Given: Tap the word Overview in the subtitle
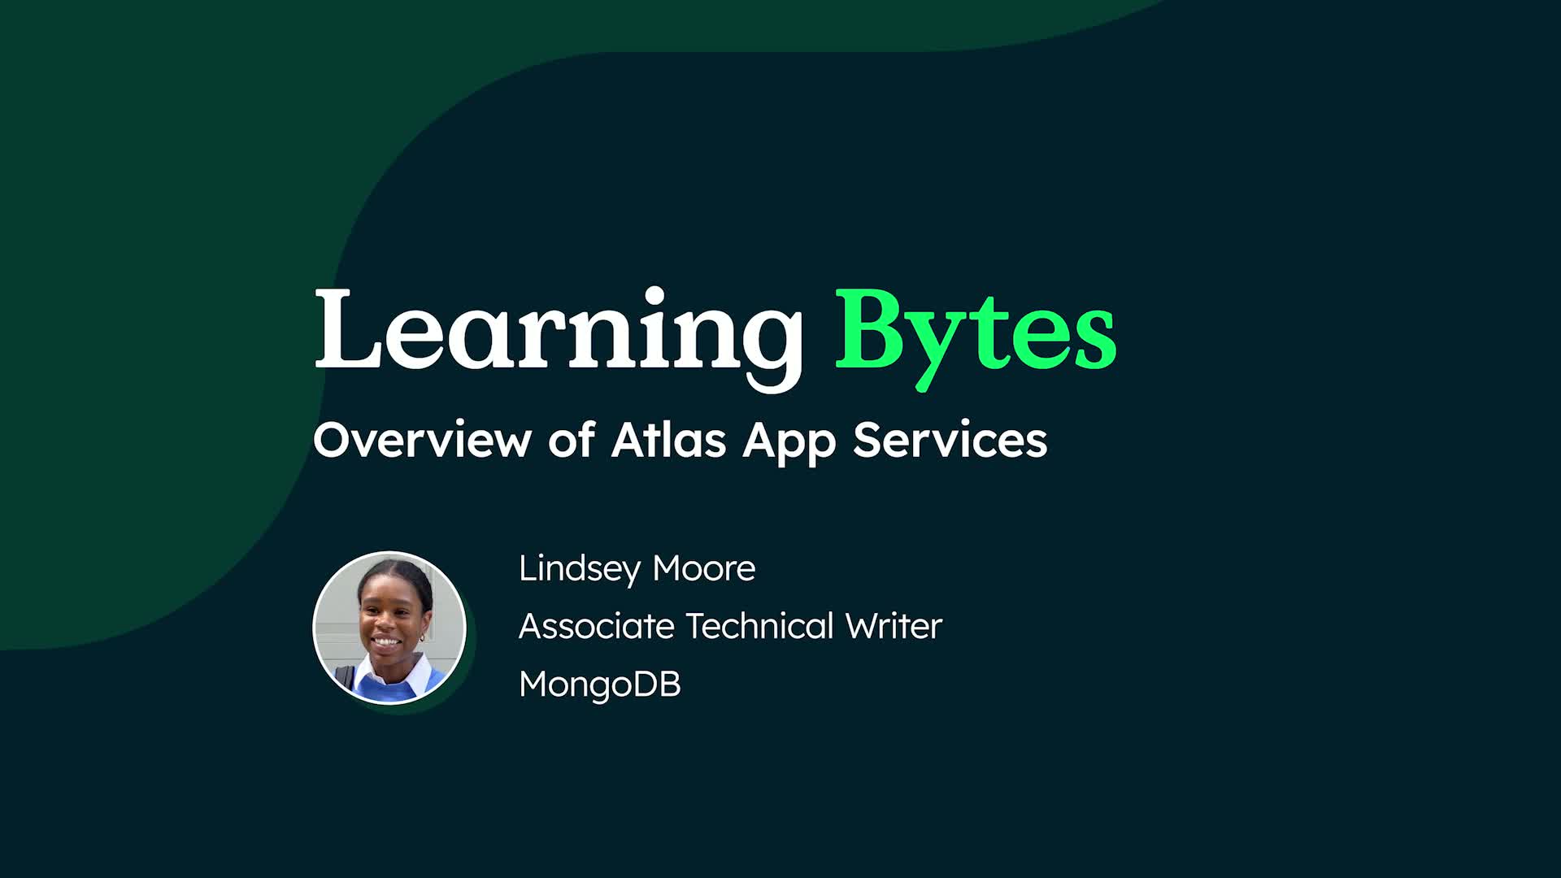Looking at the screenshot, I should [x=421, y=440].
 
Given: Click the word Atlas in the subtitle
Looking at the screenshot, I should [x=668, y=440].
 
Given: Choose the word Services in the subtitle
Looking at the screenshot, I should [x=950, y=440].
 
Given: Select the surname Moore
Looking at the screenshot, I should [x=704, y=568].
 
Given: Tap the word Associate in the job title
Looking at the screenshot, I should [x=597, y=626].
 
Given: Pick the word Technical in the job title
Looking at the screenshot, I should [x=760, y=626].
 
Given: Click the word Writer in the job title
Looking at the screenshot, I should [x=894, y=626].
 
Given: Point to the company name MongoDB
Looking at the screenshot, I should [x=600, y=685].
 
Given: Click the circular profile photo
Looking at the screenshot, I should [x=389, y=627].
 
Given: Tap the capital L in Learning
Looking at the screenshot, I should [x=348, y=329].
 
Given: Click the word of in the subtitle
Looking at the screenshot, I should [x=571, y=440].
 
